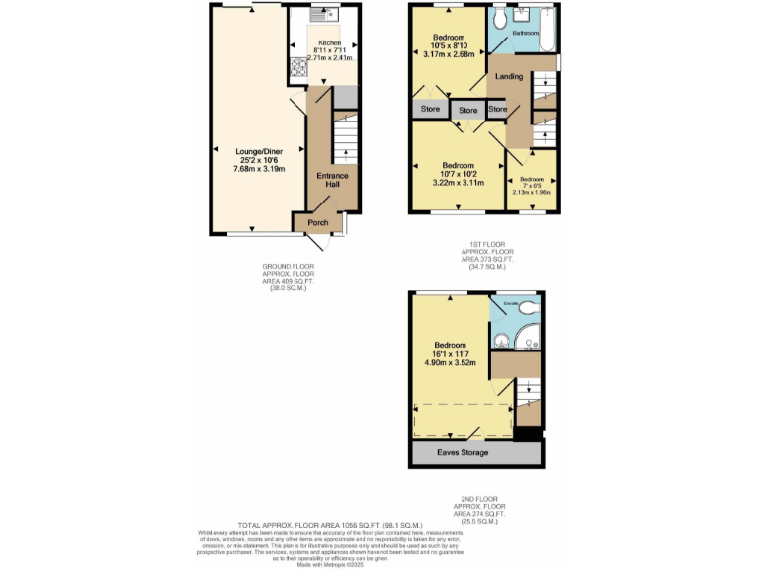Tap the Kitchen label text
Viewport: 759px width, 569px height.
329,43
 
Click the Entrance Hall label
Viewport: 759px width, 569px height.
332,181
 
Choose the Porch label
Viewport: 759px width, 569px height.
318,223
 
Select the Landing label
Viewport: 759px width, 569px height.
509,76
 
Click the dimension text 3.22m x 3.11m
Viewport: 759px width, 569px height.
459,182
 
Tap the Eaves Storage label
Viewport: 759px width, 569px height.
476,452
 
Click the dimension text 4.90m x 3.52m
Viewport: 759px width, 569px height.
450,362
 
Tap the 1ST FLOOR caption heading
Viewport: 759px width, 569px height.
482,245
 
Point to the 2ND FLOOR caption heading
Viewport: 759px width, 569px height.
482,500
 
